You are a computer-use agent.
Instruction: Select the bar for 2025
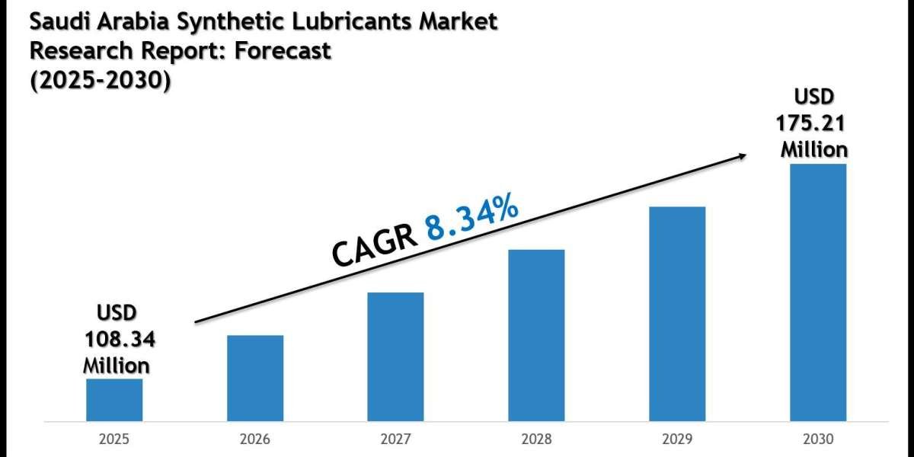[114, 400]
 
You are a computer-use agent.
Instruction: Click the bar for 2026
[255, 378]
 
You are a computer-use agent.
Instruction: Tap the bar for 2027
[395, 356]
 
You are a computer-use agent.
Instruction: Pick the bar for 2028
[536, 335]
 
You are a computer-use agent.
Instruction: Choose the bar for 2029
[677, 314]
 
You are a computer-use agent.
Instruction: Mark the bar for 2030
[817, 292]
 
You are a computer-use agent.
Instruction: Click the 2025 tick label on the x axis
[114, 439]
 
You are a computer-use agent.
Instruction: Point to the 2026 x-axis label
[255, 439]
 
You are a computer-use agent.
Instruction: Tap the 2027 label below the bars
[395, 439]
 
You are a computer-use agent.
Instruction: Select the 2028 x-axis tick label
[536, 439]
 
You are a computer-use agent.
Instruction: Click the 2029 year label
[677, 439]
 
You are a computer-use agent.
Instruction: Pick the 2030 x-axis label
[817, 439]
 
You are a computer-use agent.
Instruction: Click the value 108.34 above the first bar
[116, 339]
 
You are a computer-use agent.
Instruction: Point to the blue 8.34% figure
[472, 218]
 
